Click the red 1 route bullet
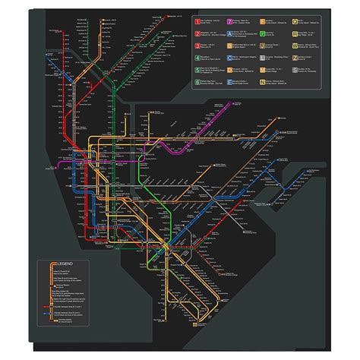pos(197,22)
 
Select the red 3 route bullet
pos(197,46)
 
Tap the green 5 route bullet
pos(197,70)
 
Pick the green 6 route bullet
pos(197,82)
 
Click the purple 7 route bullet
pos(229,22)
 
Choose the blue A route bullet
pos(229,34)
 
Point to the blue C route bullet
pos(229,58)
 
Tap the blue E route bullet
pos(229,82)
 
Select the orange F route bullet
pos(262,22)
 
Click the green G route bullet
pos(262,34)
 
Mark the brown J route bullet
pos(262,46)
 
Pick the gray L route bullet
pos(262,58)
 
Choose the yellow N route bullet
pos(262,82)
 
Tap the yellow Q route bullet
pos(295,22)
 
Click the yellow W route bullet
pos(295,46)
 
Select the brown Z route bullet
pos(295,58)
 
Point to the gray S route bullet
pos(295,70)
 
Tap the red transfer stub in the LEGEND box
pos(46,307)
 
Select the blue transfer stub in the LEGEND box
pos(46,313)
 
